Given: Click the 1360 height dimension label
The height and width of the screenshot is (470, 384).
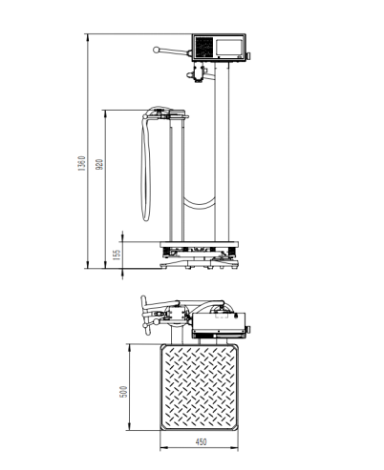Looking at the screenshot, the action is [x=82, y=163].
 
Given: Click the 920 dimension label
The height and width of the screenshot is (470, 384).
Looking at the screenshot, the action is [x=99, y=164].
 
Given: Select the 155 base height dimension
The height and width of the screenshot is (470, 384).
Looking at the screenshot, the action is [x=117, y=255].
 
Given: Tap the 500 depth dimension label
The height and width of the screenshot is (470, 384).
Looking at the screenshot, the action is [x=123, y=392].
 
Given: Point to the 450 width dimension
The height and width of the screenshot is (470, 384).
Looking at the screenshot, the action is [x=201, y=441].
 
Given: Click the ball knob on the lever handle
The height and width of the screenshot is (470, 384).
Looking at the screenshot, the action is [x=156, y=50].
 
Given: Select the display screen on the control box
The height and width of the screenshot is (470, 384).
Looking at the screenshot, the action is [x=229, y=47].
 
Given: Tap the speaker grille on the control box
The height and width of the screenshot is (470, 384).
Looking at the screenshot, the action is [x=203, y=48].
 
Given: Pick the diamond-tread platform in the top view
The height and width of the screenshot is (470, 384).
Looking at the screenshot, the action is [x=199, y=387].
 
